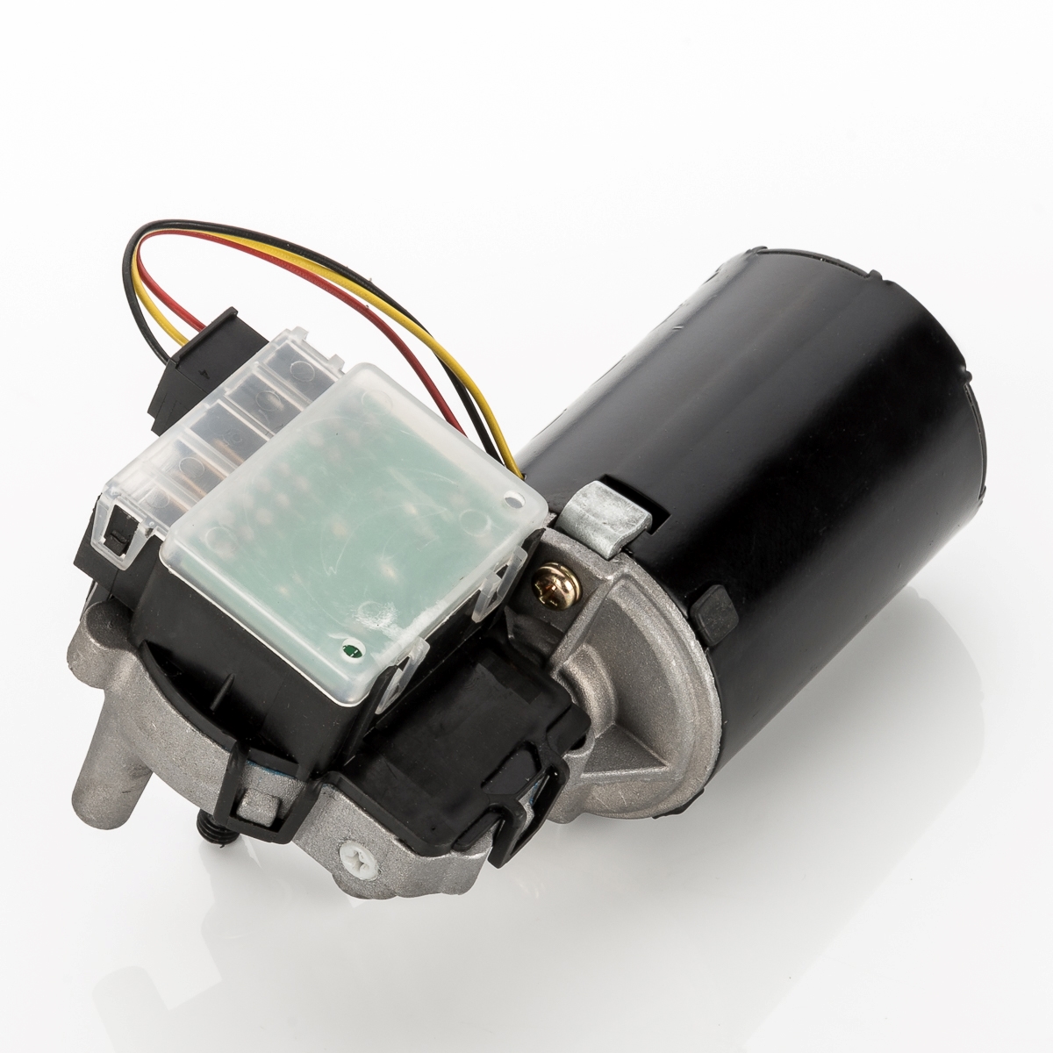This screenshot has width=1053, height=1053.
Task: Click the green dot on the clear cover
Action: [x=351, y=650]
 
